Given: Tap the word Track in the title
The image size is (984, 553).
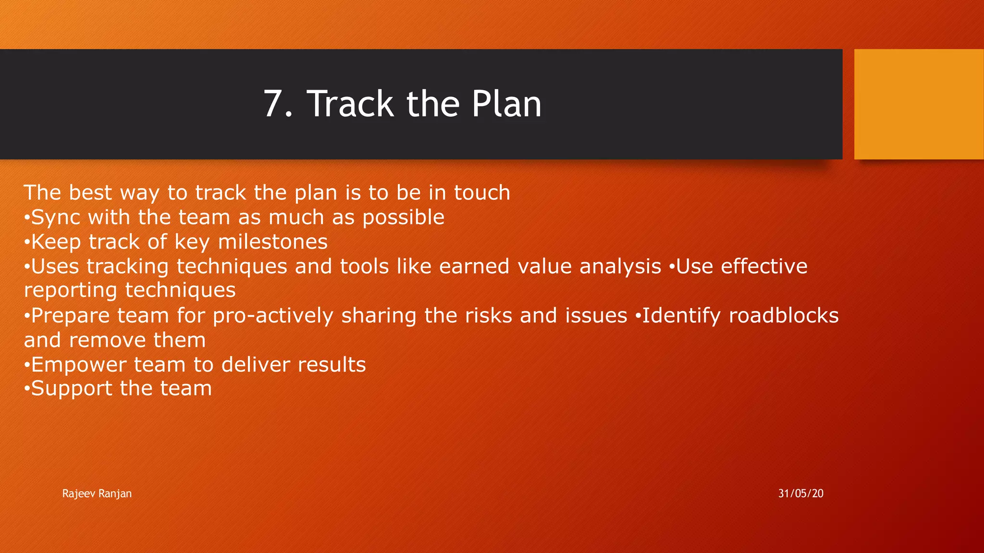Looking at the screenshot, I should click(350, 104).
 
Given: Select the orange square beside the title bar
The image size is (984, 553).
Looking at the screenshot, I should click(919, 104).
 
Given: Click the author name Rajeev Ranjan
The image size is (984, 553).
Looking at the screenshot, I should click(97, 493).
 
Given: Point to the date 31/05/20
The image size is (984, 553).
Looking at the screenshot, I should click(800, 493).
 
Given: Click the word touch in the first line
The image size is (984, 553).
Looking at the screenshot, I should click(482, 193).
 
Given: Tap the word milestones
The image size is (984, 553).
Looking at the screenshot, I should click(272, 242).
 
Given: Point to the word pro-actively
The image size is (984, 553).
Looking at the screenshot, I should click(272, 316).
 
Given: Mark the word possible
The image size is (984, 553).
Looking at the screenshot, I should click(403, 218).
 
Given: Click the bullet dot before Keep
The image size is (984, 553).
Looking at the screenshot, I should click(27, 242).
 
